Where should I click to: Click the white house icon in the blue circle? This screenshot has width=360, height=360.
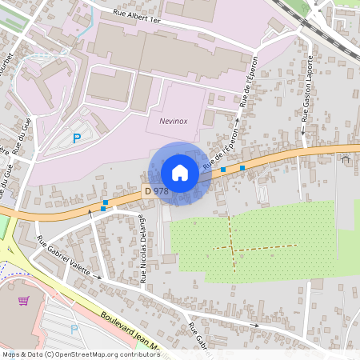click(x=180, y=173)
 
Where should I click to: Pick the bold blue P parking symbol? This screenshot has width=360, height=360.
click(x=77, y=138)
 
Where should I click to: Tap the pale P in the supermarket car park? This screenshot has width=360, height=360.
click(x=74, y=328)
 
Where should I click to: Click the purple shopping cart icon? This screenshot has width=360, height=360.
click(x=24, y=301)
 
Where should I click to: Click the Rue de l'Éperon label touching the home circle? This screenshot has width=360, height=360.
click(x=221, y=155)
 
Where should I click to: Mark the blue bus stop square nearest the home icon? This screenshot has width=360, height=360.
click(x=223, y=170)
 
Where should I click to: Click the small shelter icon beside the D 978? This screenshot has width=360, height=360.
click(x=346, y=159)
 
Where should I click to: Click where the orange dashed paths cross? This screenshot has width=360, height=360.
click(x=233, y=248)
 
